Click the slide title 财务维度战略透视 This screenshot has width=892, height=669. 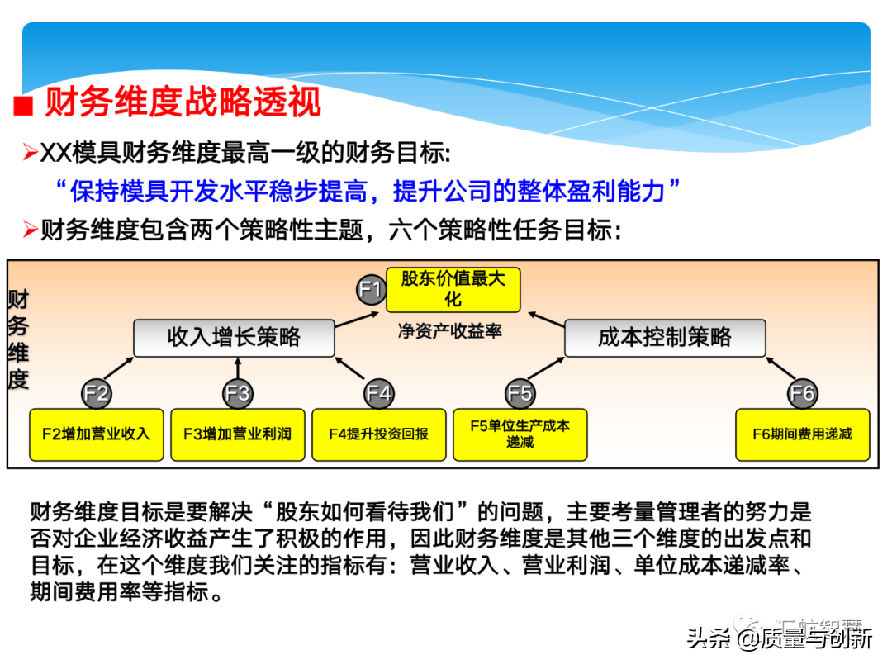(183, 103)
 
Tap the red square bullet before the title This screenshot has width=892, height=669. (24, 107)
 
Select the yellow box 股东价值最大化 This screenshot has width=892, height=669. (453, 289)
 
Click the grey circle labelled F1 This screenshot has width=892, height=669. (371, 289)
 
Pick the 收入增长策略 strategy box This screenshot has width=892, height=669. (234, 338)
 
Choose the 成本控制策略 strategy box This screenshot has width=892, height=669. (665, 338)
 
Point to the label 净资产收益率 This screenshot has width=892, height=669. (450, 331)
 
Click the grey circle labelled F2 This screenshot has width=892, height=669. (97, 393)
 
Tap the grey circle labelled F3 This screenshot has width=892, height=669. (238, 393)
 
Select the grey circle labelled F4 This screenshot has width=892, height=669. (379, 393)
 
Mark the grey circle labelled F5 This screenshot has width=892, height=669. (520, 393)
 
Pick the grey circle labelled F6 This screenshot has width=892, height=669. (803, 393)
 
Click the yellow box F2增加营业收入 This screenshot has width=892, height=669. (97, 434)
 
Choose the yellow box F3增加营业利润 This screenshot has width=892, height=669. (238, 434)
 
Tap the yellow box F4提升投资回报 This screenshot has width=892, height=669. (379, 434)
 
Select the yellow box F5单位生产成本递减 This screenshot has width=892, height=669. (520, 434)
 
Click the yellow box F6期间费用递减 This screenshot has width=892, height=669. (803, 434)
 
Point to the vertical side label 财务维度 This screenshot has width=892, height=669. (18, 339)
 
